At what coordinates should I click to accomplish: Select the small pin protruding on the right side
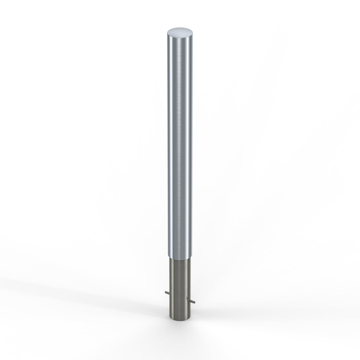coord(193,302)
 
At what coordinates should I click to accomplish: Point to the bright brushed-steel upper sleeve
coord(179,141)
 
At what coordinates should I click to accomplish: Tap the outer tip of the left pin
coord(164,292)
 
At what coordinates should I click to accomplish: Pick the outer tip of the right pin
coord(195,302)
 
